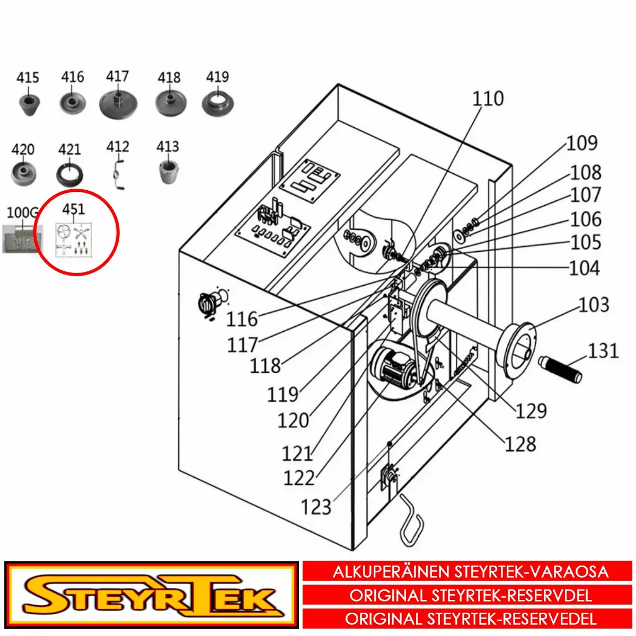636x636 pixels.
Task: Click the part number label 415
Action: coord(28,78)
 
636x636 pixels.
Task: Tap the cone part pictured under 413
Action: coord(169,172)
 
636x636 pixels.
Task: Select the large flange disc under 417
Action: coord(118,104)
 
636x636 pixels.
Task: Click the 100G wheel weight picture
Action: coord(22,238)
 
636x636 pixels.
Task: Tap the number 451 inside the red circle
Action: coord(73,209)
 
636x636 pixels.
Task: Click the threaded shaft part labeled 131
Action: coord(560,369)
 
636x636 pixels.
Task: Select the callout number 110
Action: coord(488,99)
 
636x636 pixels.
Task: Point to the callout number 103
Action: coord(594,305)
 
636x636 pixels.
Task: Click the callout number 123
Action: coord(316,507)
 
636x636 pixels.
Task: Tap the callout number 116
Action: coord(242,319)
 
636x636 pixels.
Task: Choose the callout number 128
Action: coord(520,444)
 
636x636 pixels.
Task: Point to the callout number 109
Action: coord(581,143)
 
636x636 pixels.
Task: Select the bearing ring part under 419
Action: coord(218,103)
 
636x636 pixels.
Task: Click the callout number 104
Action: coord(584,268)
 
